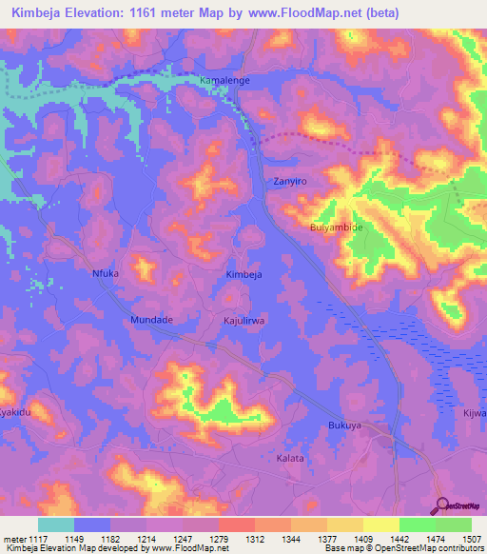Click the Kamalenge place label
[224, 81]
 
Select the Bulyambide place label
[337, 228]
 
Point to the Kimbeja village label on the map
[243, 274]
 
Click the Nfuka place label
[105, 273]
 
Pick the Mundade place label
[151, 320]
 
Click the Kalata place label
[290, 458]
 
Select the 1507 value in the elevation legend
[459, 539]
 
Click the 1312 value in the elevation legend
[254, 539]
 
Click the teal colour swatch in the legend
[56, 524]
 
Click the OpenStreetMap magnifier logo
[440, 505]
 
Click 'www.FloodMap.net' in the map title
[315, 12]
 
